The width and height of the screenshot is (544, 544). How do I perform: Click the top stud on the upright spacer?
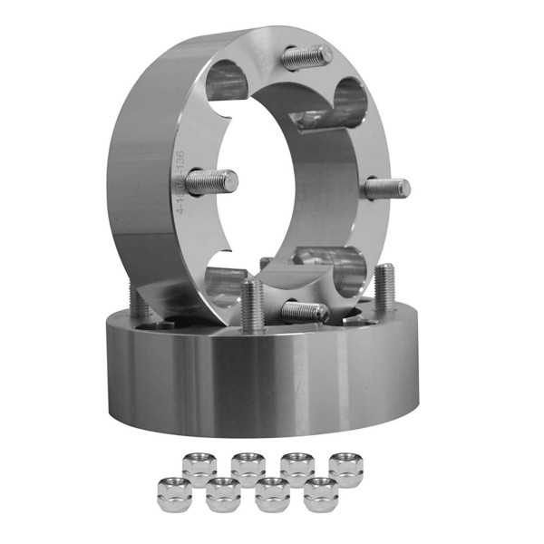(x=306, y=58)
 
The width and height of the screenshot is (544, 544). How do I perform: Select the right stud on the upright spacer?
(x=387, y=189)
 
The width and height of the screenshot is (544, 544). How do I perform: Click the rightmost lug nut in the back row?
(x=345, y=467)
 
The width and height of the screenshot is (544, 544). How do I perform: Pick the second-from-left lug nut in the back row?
(x=248, y=467)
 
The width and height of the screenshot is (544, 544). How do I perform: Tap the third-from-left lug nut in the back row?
(x=297, y=467)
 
